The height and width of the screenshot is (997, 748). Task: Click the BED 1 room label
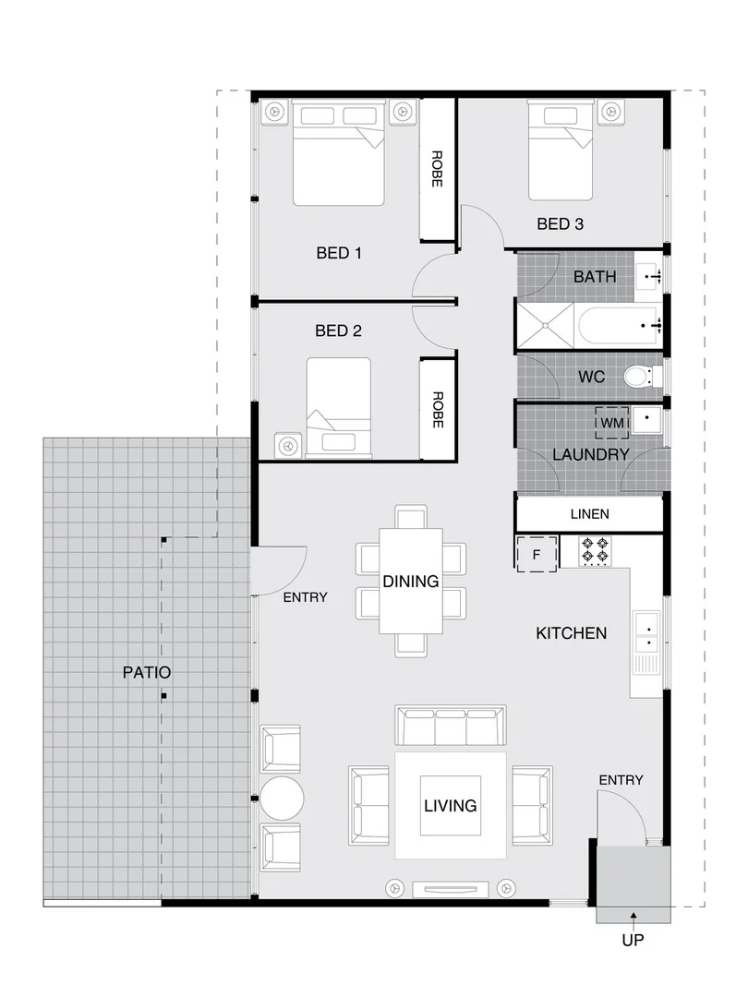(339, 253)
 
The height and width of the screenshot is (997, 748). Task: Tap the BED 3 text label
(561, 223)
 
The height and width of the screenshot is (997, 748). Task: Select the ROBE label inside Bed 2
(437, 408)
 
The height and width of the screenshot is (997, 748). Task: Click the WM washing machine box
(612, 423)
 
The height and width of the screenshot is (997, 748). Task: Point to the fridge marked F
(537, 554)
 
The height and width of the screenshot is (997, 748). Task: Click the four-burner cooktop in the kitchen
(593, 552)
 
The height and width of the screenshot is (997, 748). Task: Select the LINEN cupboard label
(589, 514)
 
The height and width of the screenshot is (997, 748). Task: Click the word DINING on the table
(411, 581)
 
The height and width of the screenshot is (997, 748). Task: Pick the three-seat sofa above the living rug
(451, 726)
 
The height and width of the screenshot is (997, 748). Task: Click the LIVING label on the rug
(451, 806)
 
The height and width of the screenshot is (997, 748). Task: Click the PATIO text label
(147, 673)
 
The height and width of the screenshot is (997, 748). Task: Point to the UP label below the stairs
(633, 942)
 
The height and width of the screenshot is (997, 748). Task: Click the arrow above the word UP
(633, 917)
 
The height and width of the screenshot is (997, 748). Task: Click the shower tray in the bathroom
(545, 325)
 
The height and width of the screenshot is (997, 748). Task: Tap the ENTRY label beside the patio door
(305, 597)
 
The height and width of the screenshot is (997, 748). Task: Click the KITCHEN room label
(571, 633)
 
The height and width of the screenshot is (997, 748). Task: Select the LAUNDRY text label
(590, 454)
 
